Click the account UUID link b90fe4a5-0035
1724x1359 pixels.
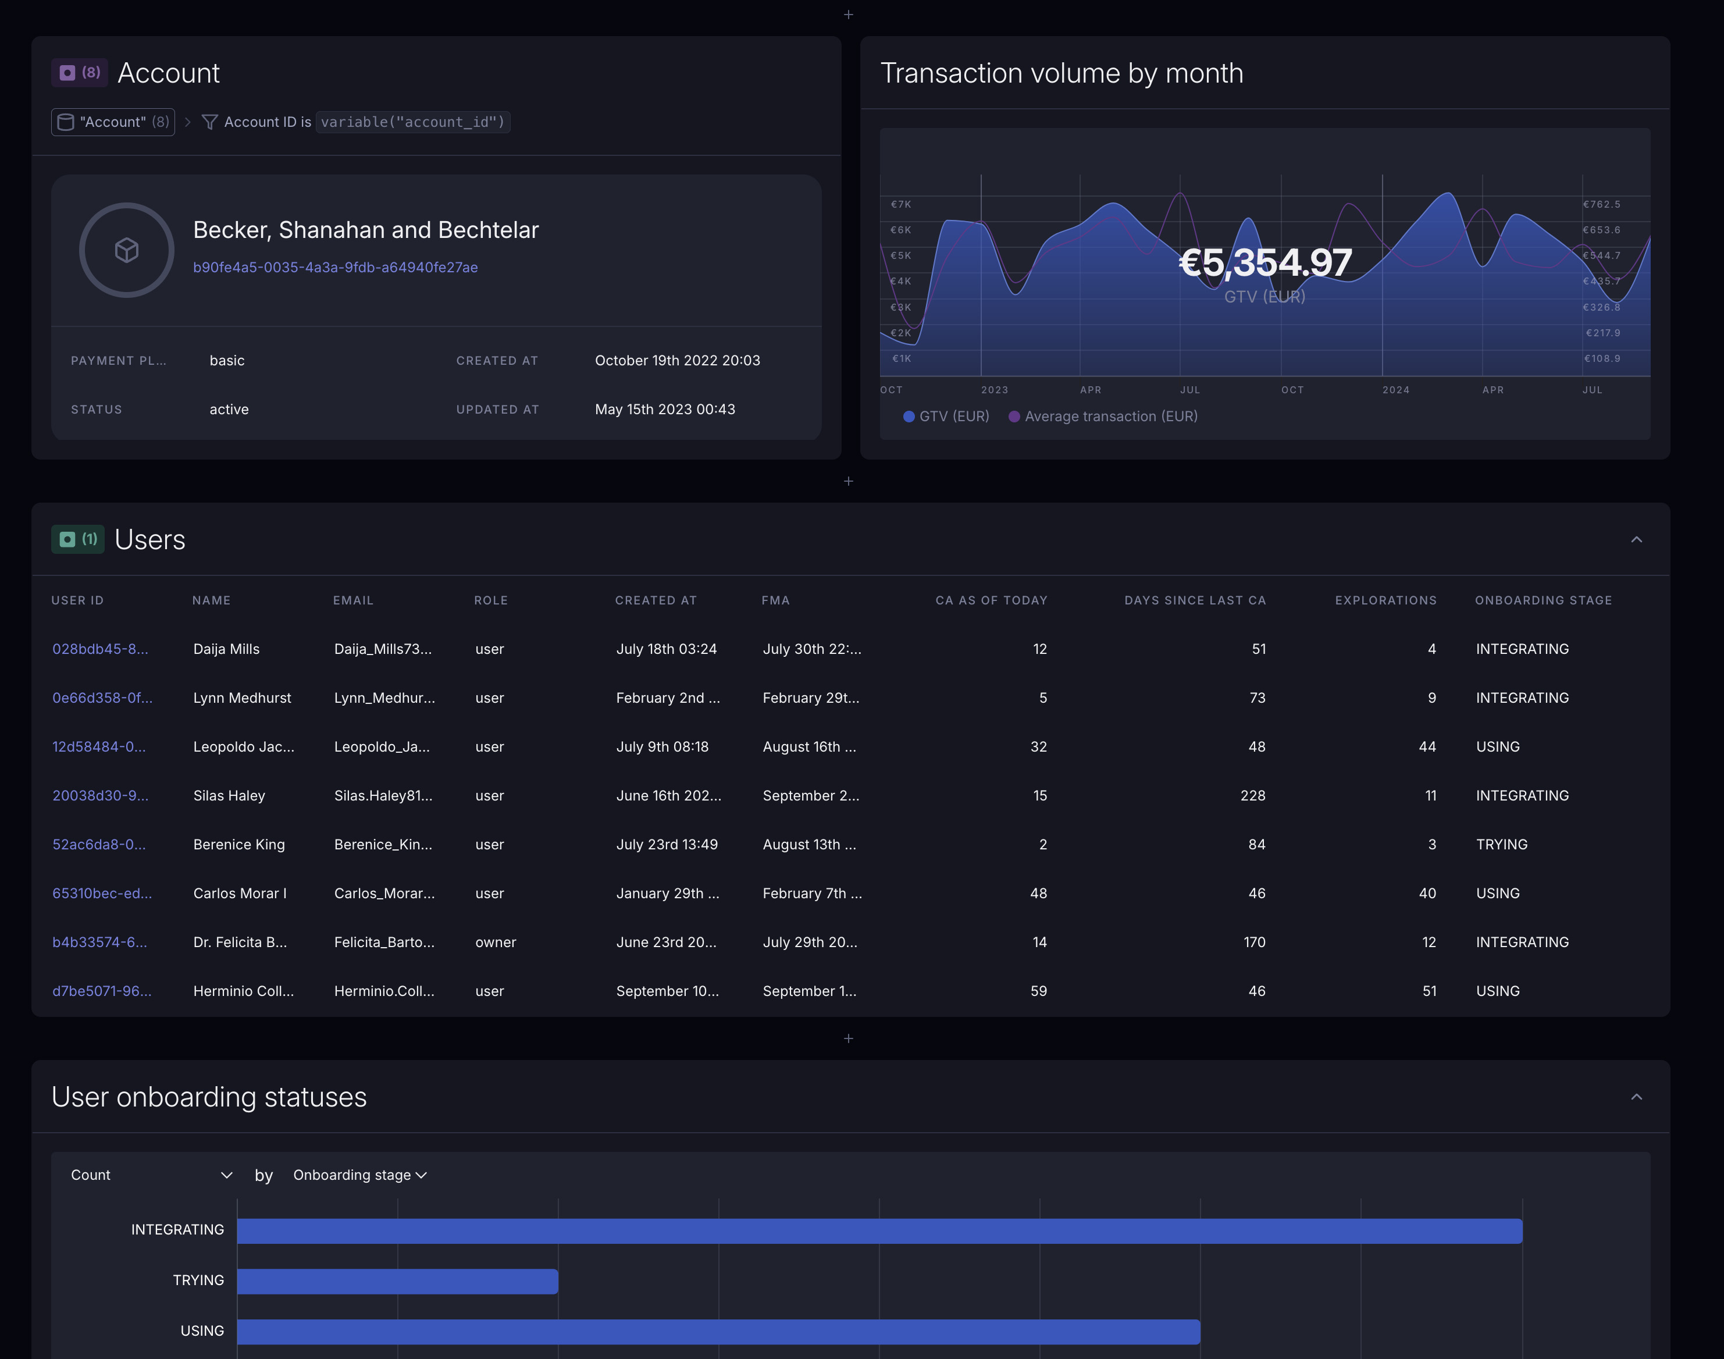click(x=335, y=268)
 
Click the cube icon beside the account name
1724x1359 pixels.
click(x=126, y=250)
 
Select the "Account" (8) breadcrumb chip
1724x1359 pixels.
click(x=113, y=122)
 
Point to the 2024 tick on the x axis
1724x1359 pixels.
click(x=1395, y=390)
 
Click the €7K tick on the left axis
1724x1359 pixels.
click(x=900, y=204)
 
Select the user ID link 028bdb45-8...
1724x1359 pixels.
click(x=100, y=649)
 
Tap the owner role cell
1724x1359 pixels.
click(x=496, y=942)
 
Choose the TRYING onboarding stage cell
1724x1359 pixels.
click(x=1501, y=844)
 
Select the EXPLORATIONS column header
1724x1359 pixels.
click(x=1385, y=600)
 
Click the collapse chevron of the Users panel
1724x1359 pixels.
click(x=1636, y=539)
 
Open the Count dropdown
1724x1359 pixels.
click(x=151, y=1175)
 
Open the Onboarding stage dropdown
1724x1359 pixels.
click(x=359, y=1175)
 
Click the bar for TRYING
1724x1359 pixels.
click(x=397, y=1281)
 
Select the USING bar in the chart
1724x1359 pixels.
click(x=718, y=1331)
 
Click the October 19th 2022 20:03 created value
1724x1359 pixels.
click(x=677, y=361)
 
